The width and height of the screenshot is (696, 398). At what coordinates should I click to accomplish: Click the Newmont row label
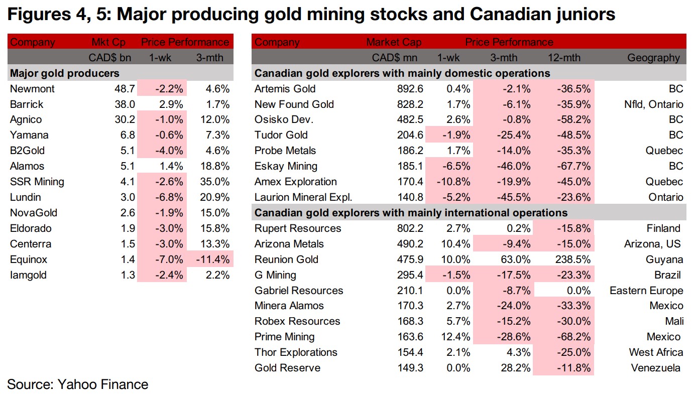coord(32,89)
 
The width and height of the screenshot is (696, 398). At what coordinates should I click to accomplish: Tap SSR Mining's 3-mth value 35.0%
coord(215,182)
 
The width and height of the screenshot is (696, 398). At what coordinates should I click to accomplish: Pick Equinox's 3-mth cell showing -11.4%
coord(213,259)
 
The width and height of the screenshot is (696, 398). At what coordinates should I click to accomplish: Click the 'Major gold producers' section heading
coord(65,73)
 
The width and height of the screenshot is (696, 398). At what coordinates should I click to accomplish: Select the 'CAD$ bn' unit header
coord(110,58)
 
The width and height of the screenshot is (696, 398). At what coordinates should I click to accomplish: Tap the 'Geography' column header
coord(653,58)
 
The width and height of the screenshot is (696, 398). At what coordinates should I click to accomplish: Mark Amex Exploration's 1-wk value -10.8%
coord(454,182)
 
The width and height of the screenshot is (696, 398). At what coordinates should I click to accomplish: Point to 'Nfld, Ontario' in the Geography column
coord(651,104)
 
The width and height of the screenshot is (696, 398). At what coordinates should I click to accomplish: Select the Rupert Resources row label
coord(298,228)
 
